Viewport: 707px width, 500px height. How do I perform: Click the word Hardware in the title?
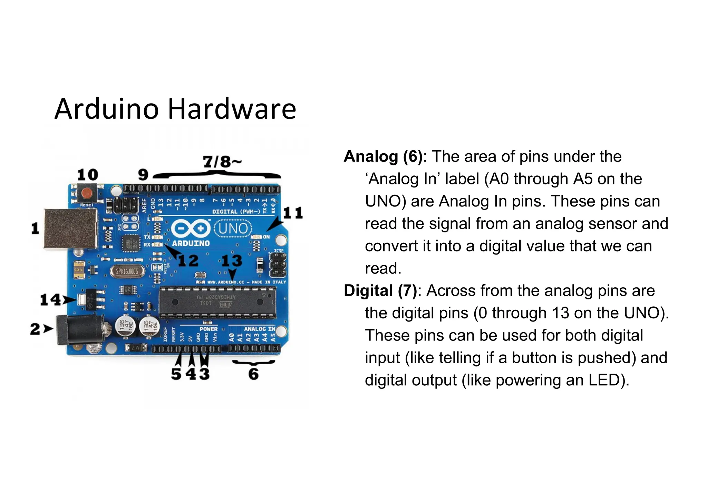[x=232, y=109]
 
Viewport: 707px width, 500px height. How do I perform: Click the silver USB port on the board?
[x=70, y=228]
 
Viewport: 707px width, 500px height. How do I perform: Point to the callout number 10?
[x=87, y=175]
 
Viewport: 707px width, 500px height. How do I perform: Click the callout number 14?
[x=50, y=299]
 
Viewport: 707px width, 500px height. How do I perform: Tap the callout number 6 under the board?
[x=254, y=374]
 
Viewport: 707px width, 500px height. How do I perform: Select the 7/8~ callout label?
[x=222, y=162]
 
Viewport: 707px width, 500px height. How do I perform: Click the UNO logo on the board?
[x=233, y=229]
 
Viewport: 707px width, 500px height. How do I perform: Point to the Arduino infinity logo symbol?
[x=191, y=228]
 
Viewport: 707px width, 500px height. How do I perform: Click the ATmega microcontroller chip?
[x=217, y=302]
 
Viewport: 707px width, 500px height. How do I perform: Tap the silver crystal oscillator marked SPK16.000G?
[x=127, y=271]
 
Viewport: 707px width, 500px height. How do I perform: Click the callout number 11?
[x=293, y=213]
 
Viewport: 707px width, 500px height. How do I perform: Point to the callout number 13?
[x=232, y=261]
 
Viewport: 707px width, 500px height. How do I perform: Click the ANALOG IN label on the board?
[x=260, y=329]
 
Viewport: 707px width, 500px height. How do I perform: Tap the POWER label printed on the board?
[x=209, y=329]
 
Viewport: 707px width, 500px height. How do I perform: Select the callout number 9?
[x=143, y=175]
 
